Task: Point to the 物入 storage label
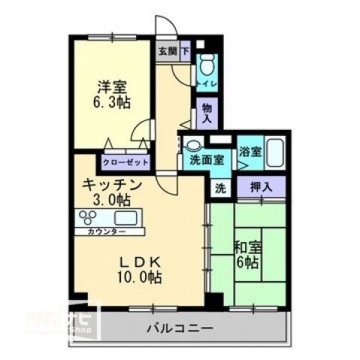tap(207, 113)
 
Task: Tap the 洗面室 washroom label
tap(205, 159)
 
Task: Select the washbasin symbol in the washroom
tap(193, 146)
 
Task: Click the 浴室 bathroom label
tap(250, 151)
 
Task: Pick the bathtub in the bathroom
tap(274, 155)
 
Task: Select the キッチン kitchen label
tap(112, 184)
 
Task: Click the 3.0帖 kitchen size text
tap(112, 200)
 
